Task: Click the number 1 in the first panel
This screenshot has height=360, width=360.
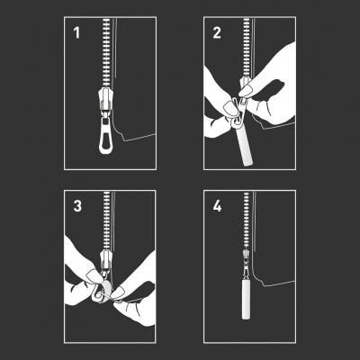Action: tap(76, 32)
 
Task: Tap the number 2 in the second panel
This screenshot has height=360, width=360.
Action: tap(217, 32)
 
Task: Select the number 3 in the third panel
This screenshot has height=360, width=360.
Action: tap(77, 206)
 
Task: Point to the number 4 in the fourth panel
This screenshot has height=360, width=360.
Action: tap(217, 206)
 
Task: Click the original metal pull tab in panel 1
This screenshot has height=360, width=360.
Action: tap(105, 136)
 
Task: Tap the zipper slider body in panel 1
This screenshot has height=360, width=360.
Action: tap(105, 100)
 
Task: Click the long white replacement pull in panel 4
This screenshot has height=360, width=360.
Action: tap(246, 300)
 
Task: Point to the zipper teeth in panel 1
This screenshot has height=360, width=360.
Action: tap(106, 53)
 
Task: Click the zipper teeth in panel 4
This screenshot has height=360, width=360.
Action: tap(246, 220)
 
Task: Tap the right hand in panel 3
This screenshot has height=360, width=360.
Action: tap(137, 297)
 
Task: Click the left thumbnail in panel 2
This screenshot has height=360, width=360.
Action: tap(231, 109)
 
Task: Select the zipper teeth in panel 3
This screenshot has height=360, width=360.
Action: tap(107, 221)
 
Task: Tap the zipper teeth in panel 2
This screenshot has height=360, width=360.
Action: tap(246, 48)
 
